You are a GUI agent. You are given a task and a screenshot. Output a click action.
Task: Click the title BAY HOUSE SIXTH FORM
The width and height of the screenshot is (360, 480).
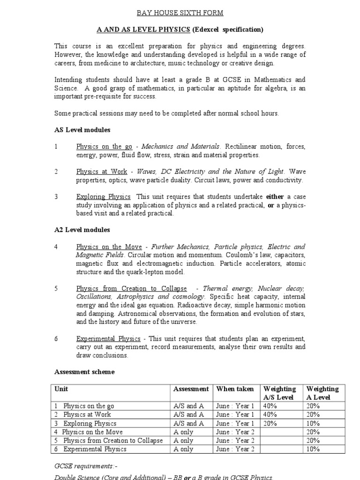pyautogui.click(x=180, y=13)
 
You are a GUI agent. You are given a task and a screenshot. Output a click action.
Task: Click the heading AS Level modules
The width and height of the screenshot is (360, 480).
pyautogui.click(x=82, y=130)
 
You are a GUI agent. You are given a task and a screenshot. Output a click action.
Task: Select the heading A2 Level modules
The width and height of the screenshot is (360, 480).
pyautogui.click(x=82, y=230)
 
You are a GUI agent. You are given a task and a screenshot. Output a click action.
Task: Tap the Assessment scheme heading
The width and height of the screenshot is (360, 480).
pyautogui.click(x=84, y=372)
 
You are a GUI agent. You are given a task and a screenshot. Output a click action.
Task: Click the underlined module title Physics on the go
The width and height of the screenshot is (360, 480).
pyautogui.click(x=104, y=147)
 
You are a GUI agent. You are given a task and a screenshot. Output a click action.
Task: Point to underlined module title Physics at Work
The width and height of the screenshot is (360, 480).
pyautogui.click(x=102, y=172)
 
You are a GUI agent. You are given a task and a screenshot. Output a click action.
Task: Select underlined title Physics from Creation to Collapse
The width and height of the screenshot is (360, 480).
pyautogui.click(x=131, y=288)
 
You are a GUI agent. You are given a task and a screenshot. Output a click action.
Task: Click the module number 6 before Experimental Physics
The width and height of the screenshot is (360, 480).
pyautogui.click(x=56, y=338)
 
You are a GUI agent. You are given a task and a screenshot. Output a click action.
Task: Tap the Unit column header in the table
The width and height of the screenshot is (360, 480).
pyautogui.click(x=61, y=389)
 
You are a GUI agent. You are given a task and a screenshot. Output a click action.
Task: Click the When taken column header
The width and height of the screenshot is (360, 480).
pyautogui.click(x=235, y=389)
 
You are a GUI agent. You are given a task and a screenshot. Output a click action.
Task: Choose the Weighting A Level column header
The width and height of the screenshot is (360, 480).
pyautogui.click(x=322, y=393)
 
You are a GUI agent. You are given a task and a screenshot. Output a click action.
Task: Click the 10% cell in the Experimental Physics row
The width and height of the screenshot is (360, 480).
pyautogui.click(x=313, y=449)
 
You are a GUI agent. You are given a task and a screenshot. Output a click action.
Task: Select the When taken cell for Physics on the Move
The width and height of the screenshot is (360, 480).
pyautogui.click(x=235, y=432)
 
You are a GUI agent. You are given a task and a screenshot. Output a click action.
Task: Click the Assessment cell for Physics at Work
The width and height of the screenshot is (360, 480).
pyautogui.click(x=188, y=414)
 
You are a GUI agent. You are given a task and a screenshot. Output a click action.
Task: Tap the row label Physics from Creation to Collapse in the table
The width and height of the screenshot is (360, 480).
pyautogui.click(x=112, y=441)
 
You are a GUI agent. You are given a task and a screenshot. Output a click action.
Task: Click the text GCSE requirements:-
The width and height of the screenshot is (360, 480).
pyautogui.click(x=81, y=465)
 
